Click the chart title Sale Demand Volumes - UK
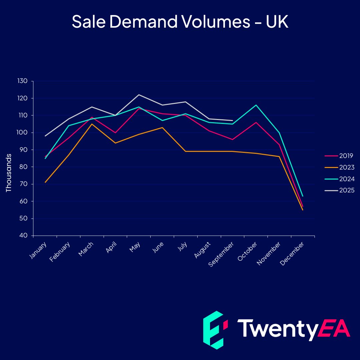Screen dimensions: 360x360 coord(180,22)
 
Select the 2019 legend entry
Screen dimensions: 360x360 coord(340,156)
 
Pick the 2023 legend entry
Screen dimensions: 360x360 coord(340,167)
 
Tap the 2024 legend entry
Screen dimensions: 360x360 coord(340,179)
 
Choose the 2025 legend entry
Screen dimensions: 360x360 coord(340,190)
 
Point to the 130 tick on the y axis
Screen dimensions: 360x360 coord(24,81)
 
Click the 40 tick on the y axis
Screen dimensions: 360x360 coord(25,236)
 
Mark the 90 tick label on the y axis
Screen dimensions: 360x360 coord(25,150)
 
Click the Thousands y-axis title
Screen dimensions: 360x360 coord(9,173)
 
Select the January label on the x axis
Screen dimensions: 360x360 coord(38,251)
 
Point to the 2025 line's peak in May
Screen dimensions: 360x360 coord(139,95)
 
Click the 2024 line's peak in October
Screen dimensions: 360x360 coord(256,105)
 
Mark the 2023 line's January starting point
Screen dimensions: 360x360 coord(45,182)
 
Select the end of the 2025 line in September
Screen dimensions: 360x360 coord(232,120)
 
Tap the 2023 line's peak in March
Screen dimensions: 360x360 coord(92,124)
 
